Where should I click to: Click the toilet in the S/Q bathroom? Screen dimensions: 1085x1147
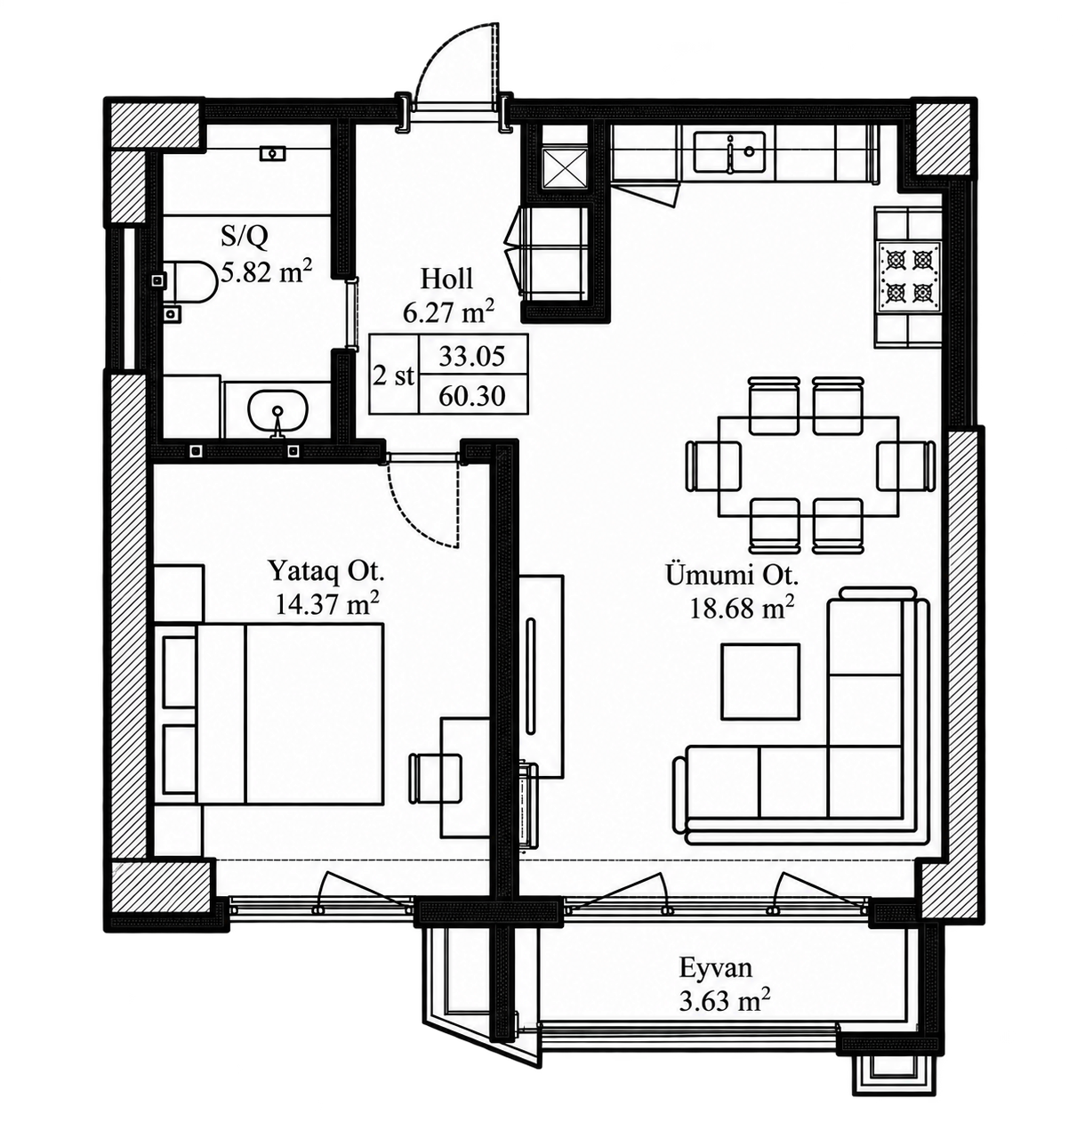point(186,282)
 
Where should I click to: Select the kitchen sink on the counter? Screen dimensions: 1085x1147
point(729,152)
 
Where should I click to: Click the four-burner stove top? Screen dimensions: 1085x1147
point(908,275)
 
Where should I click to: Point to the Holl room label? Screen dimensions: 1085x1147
point(446,279)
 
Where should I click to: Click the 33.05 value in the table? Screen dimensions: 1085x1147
point(472,356)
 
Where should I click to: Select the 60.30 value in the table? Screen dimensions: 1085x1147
point(472,396)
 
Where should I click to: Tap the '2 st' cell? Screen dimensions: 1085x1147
point(394,376)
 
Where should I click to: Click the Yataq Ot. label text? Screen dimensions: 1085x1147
point(325,571)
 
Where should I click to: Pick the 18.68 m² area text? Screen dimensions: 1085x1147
point(742,608)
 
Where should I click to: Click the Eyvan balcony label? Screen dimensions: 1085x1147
point(715,968)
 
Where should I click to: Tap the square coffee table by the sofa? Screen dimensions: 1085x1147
point(760,682)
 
